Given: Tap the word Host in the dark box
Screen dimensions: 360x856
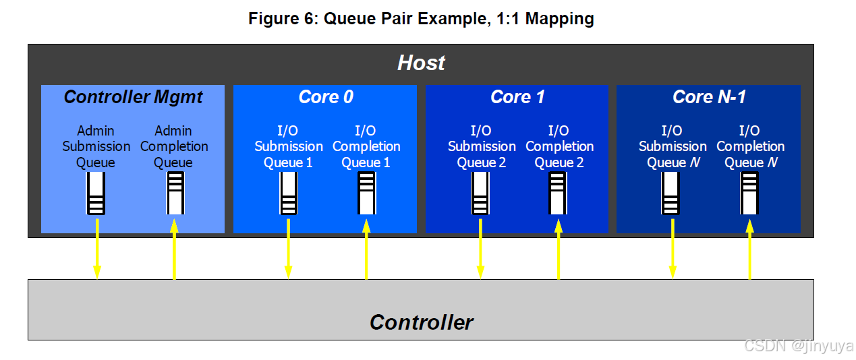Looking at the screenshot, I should click(x=421, y=63).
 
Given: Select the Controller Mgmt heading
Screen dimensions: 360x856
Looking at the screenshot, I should click(x=133, y=97).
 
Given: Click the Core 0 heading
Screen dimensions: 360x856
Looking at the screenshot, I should click(x=325, y=97).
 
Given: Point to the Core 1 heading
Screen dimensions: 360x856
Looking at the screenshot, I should click(x=517, y=97).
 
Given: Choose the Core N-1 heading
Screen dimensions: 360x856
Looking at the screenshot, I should click(x=709, y=97).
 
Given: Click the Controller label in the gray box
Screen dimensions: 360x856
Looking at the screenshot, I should click(x=421, y=322).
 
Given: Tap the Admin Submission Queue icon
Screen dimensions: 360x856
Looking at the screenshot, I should click(x=96, y=193).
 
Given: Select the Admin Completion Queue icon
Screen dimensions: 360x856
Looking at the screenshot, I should click(x=175, y=193).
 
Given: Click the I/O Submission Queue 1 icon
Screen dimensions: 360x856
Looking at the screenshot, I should click(x=288, y=193).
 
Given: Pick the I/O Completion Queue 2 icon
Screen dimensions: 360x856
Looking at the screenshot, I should click(x=558, y=193).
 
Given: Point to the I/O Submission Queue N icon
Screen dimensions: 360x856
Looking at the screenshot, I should click(x=671, y=193).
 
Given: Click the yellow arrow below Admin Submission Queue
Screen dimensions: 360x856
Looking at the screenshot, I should click(x=96, y=248).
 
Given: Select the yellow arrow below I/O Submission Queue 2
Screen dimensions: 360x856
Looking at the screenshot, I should click(x=480, y=248).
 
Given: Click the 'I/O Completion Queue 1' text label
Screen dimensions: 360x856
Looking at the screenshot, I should click(x=366, y=146).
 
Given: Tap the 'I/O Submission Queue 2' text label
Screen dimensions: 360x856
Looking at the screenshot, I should click(x=481, y=146).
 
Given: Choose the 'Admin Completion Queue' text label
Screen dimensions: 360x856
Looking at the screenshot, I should click(x=174, y=146).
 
